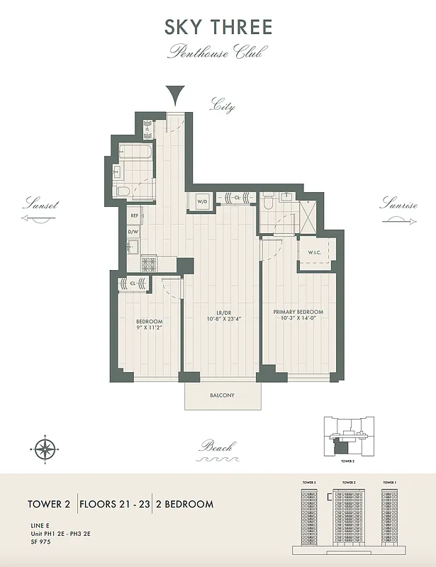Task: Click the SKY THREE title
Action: point(218,28)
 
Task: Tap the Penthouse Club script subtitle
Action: point(217,52)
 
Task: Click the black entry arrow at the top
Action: point(174,94)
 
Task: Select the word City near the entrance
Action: point(222,106)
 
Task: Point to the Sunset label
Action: point(40,204)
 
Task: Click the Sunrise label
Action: point(398,204)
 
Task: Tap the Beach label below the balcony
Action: point(216,447)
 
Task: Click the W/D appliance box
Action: point(201,201)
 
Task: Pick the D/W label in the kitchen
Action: point(133,232)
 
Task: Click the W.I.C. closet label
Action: point(315,253)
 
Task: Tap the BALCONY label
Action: point(221,395)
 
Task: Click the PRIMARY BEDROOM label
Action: point(298,312)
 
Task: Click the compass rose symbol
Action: point(45,448)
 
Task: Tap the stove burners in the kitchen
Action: point(149,264)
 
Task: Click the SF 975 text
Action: point(41,541)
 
